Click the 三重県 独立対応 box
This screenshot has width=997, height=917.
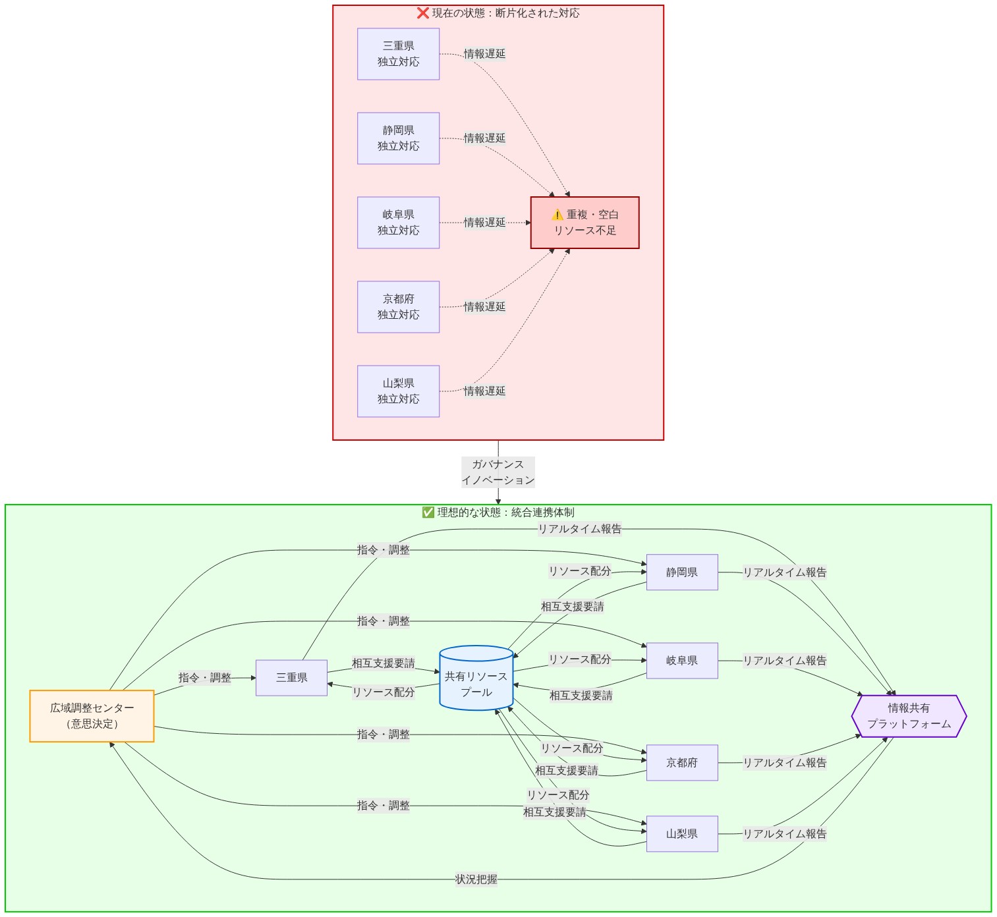click(x=398, y=53)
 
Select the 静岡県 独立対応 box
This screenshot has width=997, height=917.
click(x=398, y=138)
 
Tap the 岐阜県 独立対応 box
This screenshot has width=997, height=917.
click(x=398, y=223)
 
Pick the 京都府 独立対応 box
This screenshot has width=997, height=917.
click(x=398, y=307)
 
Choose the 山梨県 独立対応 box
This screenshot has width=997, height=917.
click(x=398, y=391)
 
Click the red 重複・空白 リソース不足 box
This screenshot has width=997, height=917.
click(x=584, y=223)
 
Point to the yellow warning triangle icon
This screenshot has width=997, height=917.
click(x=557, y=215)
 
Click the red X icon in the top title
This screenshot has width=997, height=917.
click(x=422, y=13)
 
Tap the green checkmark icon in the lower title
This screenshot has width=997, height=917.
click(x=428, y=513)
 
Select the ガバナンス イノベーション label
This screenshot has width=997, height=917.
click(x=498, y=472)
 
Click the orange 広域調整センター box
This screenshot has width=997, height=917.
click(x=92, y=715)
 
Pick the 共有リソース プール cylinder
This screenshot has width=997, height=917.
click(x=476, y=678)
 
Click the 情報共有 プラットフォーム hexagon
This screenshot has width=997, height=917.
click(x=909, y=715)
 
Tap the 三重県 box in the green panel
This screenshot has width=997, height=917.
click(x=291, y=677)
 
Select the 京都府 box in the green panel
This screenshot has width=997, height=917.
click(x=682, y=762)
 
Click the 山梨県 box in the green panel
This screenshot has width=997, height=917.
click(x=682, y=833)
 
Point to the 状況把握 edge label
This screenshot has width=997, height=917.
click(x=476, y=879)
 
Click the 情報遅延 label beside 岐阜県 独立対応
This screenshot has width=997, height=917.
click(x=484, y=222)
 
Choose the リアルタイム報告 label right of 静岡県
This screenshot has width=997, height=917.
click(x=784, y=572)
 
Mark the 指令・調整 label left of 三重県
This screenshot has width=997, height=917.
click(x=205, y=677)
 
